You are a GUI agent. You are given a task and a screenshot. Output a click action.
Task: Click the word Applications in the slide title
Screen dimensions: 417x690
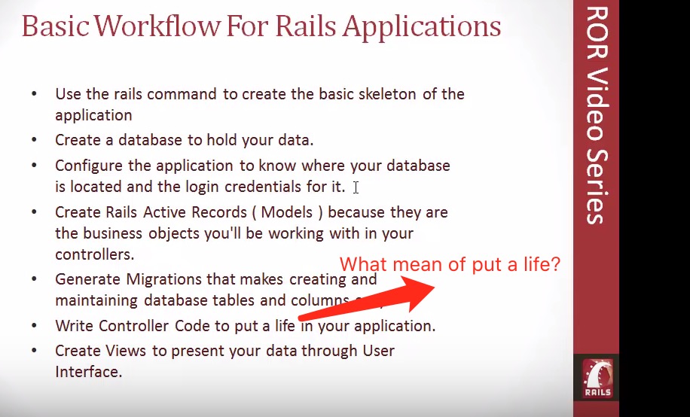point(422,27)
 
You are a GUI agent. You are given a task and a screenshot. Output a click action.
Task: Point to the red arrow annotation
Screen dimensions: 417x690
point(369,296)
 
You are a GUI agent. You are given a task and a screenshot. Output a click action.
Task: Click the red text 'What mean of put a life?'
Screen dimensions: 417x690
point(450,264)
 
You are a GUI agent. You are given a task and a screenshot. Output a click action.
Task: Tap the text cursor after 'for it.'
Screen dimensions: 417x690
point(356,187)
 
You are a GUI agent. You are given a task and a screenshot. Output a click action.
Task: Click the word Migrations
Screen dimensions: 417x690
point(163,279)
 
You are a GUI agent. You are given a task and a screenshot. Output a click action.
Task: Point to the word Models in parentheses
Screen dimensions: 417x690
point(291,212)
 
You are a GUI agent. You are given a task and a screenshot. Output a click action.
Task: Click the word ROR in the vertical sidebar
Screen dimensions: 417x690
point(596,34)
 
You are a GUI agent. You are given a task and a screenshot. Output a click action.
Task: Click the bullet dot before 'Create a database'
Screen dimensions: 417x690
point(34,141)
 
